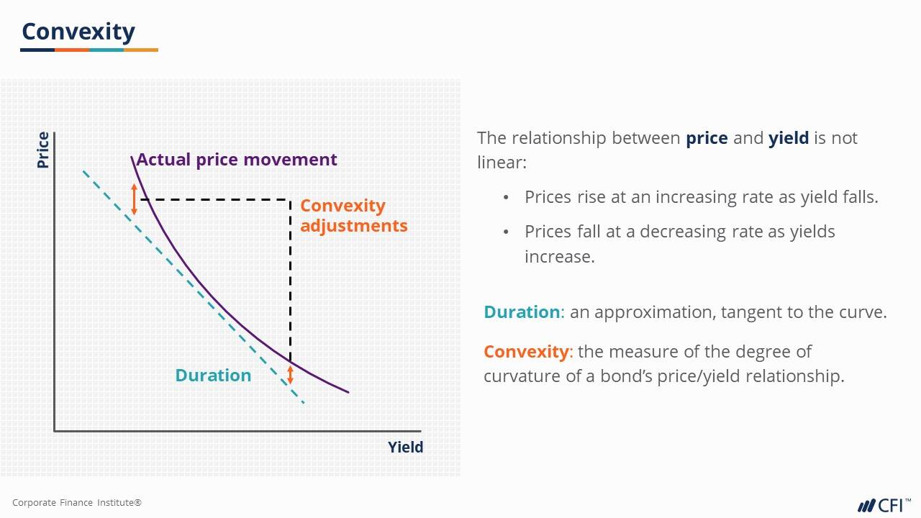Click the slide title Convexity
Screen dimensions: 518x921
[78, 32]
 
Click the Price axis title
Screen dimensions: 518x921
[43, 150]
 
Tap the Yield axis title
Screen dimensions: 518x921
[405, 447]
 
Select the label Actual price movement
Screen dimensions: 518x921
[236, 160]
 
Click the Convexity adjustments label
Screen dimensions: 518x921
[353, 215]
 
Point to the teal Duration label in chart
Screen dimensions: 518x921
[213, 376]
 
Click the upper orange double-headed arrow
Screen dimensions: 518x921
[134, 199]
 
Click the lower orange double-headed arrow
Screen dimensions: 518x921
[291, 373]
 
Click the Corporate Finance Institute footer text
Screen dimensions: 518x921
[77, 503]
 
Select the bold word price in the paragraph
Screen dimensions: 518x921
[707, 138]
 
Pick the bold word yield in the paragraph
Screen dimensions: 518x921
[789, 138]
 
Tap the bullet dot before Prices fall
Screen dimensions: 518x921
[507, 232]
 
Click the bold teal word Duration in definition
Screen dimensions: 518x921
[521, 312]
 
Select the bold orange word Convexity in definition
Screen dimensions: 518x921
[526, 352]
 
